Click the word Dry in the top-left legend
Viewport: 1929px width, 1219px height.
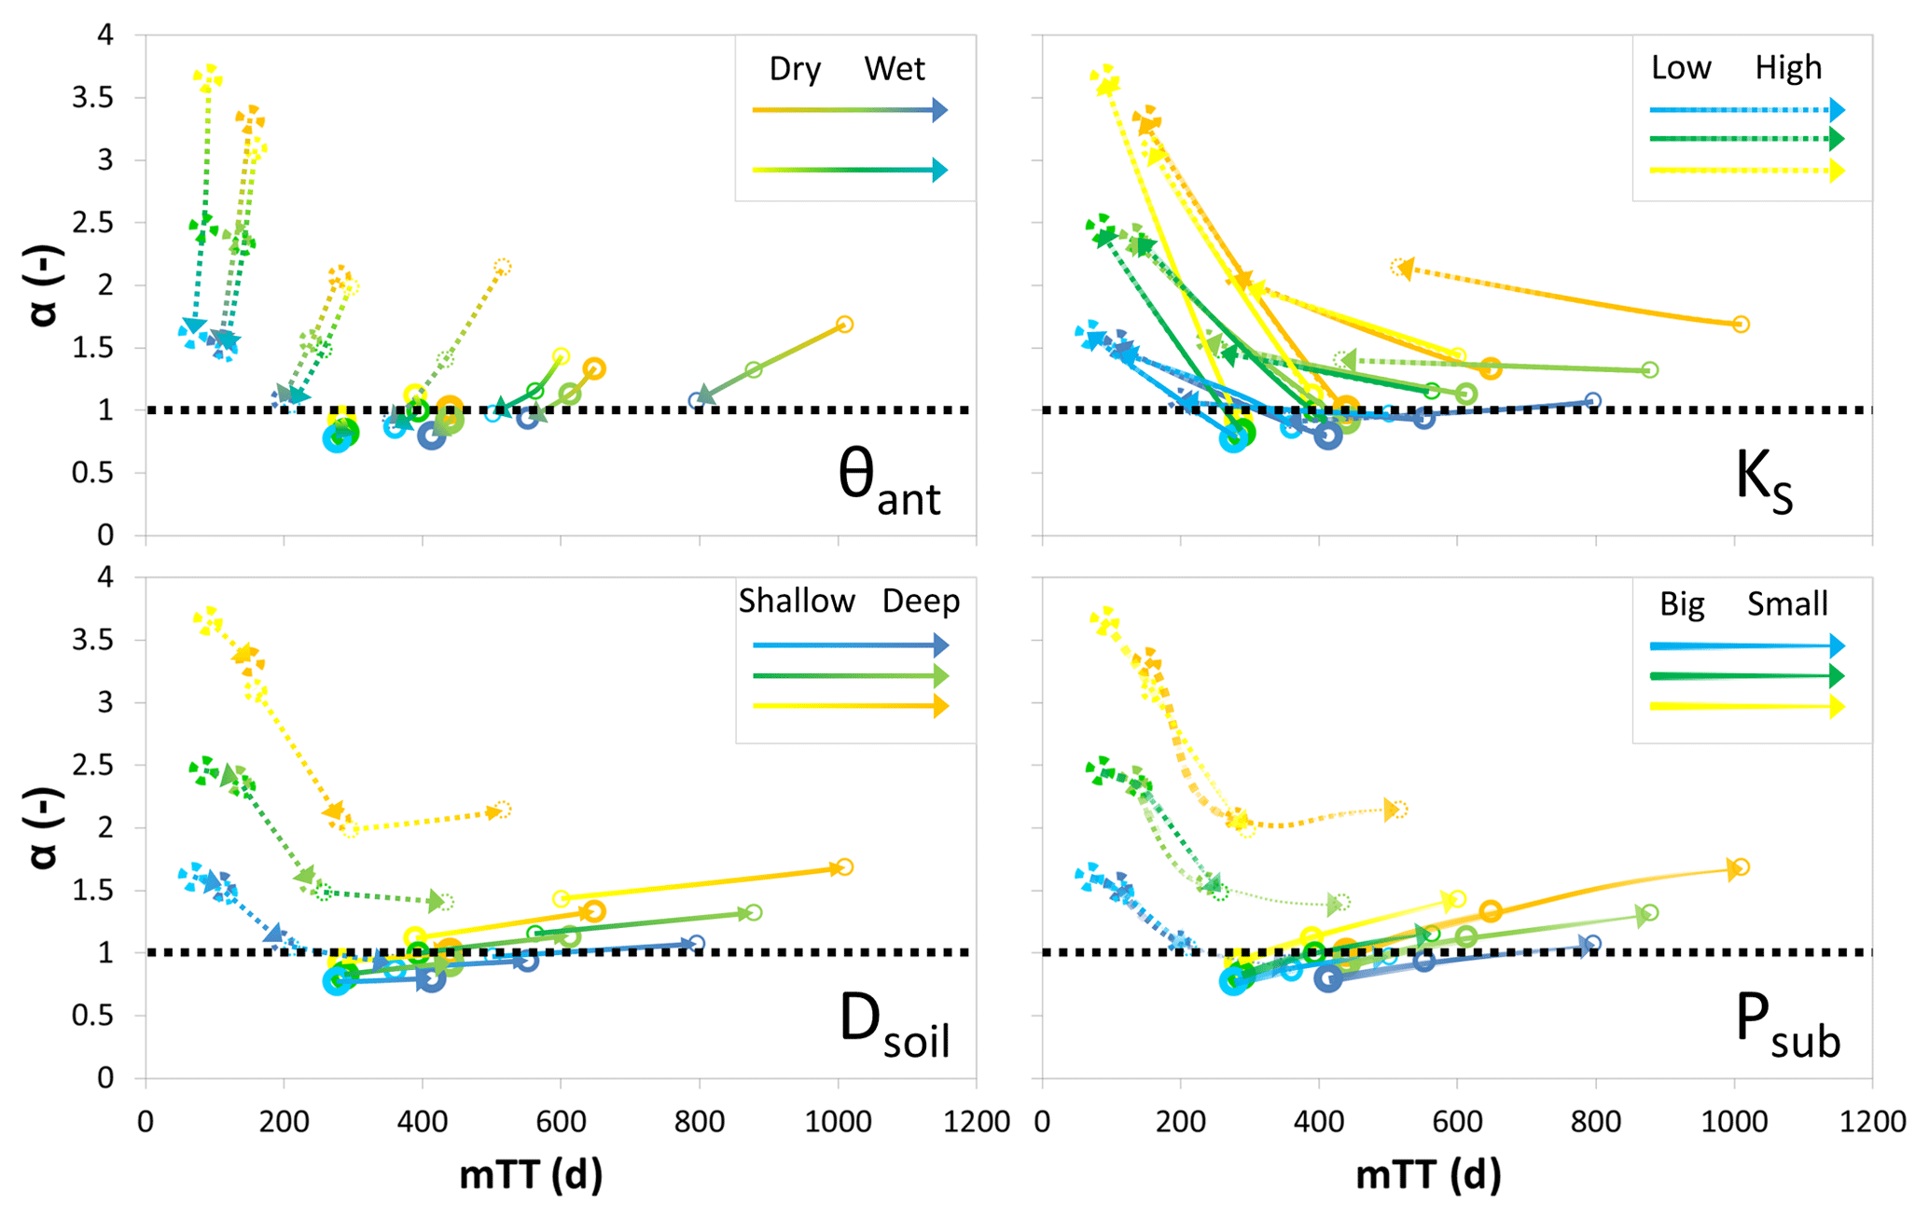[795, 70]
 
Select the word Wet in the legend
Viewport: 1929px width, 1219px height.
[894, 69]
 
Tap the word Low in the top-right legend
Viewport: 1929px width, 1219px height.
[1681, 68]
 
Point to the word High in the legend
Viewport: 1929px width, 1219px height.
[1788, 68]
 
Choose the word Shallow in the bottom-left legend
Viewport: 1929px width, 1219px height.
[797, 602]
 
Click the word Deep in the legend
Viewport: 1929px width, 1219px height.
[921, 602]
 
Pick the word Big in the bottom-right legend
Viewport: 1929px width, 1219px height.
[1682, 604]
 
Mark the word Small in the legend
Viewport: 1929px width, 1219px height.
[1786, 604]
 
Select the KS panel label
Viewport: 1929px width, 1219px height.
[1763, 481]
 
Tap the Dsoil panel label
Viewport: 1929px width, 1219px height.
[894, 1024]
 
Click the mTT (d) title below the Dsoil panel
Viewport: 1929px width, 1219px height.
[531, 1174]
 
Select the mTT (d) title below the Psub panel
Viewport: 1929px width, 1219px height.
[1428, 1174]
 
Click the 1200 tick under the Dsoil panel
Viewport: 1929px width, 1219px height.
[977, 1121]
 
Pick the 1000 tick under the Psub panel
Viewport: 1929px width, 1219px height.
[1734, 1121]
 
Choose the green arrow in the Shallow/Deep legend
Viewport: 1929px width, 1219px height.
[850, 675]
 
